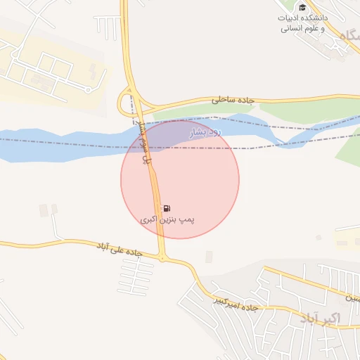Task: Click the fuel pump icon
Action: point(167,209)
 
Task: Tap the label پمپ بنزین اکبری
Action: point(167,221)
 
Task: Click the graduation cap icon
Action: point(302,8)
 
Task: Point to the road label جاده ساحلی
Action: point(231,101)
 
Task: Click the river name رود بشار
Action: point(205,131)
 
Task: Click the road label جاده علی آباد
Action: point(120,249)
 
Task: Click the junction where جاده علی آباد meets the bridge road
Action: point(163,258)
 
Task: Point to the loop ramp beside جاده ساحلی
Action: point(127,105)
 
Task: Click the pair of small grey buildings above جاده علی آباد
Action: point(49,210)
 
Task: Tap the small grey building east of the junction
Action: point(209,257)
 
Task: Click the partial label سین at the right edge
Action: point(352,298)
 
